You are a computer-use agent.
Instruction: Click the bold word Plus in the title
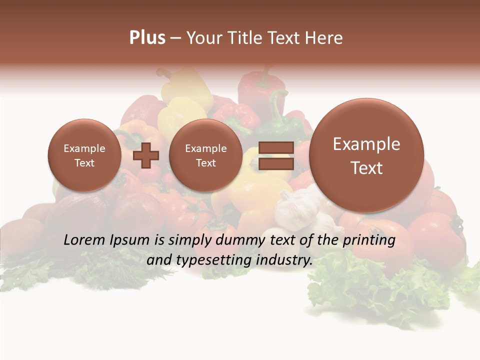point(147,38)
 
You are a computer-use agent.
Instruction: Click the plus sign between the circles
point(145,155)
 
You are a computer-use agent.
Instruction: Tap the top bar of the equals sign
point(276,148)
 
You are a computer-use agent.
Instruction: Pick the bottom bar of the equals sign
point(276,164)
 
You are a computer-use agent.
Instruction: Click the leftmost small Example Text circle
point(84,155)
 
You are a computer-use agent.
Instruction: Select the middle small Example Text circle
point(205,155)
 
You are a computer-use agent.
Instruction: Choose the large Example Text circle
point(366,155)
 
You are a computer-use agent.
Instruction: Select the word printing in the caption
point(368,240)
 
